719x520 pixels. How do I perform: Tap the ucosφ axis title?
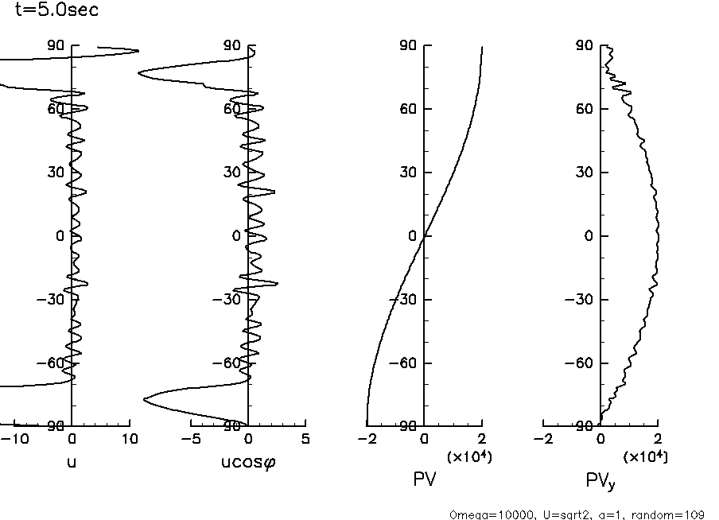click(248, 461)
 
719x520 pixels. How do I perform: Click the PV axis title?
click(425, 479)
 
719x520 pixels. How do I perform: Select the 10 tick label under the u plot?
click(128, 439)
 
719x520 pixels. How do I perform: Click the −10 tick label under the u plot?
click(17, 439)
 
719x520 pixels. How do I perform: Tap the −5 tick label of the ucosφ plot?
click(191, 439)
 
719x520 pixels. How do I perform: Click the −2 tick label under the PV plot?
click(367, 439)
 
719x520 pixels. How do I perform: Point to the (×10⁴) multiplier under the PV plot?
click(468, 456)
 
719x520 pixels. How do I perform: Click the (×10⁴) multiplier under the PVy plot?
click(645, 456)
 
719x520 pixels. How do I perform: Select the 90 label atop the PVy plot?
click(585, 45)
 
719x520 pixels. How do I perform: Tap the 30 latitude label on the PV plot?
click(408, 173)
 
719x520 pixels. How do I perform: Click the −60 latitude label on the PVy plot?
click(581, 363)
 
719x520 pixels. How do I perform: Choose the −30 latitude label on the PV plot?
click(405, 300)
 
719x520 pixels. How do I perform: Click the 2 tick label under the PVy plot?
click(657, 439)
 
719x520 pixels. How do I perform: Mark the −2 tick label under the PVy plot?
click(543, 439)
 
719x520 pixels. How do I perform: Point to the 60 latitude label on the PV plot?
click(408, 109)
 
